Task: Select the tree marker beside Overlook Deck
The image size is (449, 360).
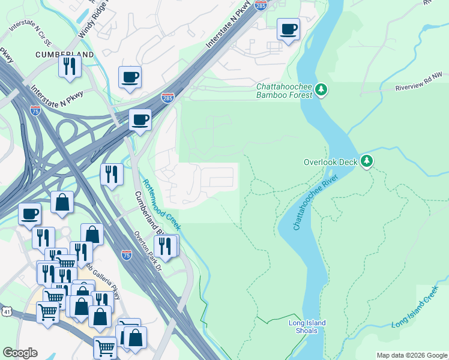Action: click(367, 161)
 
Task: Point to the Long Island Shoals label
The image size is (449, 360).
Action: click(307, 327)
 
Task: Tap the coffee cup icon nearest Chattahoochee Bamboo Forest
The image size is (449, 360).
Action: click(288, 29)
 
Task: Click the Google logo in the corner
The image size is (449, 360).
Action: click(20, 353)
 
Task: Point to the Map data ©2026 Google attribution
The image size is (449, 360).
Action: click(412, 355)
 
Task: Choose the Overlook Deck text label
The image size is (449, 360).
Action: click(330, 162)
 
